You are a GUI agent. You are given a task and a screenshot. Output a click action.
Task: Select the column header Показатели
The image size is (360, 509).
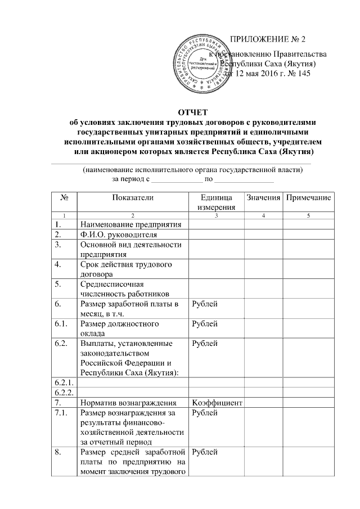tap(132, 197)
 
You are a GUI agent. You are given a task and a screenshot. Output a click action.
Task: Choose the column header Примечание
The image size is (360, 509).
tap(308, 197)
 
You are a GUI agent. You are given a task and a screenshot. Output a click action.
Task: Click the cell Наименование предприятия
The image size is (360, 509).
tap(131, 225)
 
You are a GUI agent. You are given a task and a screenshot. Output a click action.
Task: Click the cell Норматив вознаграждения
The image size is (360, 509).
tap(129, 403)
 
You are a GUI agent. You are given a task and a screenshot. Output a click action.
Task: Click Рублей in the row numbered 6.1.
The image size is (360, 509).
tap(205, 324)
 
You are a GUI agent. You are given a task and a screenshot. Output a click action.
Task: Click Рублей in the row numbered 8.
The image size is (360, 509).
tap(205, 452)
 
